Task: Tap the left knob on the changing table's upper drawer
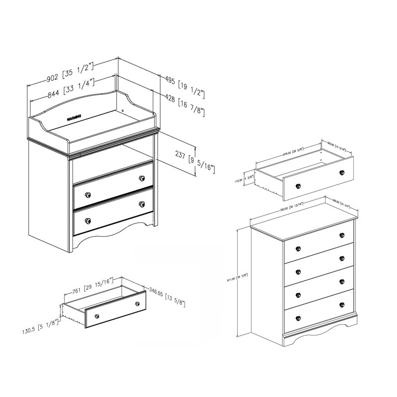(88, 194)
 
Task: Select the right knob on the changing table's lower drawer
(142, 204)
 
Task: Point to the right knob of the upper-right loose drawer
(342, 172)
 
